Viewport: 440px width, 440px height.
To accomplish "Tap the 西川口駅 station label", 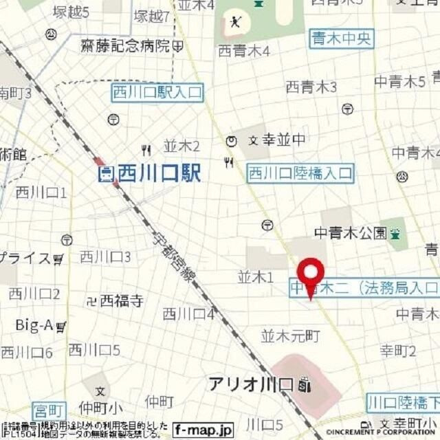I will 159,173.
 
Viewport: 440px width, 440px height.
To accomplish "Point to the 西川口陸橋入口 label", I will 300,173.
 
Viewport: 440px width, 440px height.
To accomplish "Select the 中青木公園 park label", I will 351,233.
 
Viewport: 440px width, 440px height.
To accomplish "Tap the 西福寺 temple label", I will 122,300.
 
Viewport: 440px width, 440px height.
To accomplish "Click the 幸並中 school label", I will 282,141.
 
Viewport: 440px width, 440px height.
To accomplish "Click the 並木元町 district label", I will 291,336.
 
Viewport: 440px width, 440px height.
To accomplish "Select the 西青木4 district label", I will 243,51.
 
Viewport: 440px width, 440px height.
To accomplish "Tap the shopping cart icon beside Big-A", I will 61,326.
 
